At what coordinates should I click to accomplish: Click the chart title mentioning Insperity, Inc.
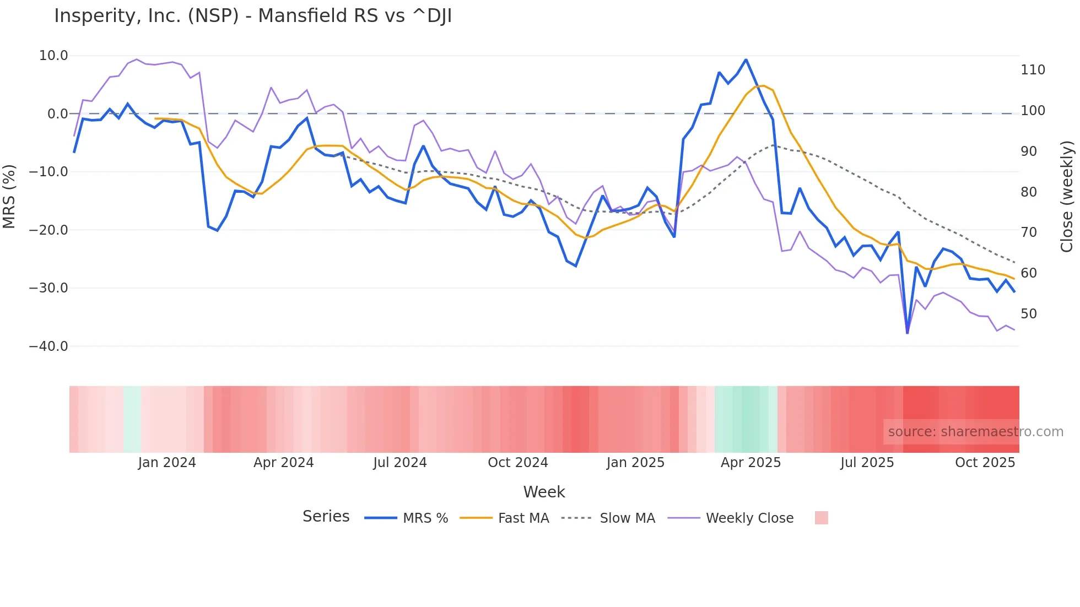tap(253, 15)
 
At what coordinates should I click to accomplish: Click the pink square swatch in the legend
tap(821, 518)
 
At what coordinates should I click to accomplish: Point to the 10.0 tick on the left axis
tap(53, 56)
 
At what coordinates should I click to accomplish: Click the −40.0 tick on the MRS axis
tap(48, 346)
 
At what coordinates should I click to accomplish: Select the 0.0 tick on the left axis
tap(57, 114)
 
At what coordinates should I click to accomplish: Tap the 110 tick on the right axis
tap(1033, 70)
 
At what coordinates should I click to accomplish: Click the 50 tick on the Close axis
tap(1029, 314)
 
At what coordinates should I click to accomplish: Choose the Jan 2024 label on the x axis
tap(167, 463)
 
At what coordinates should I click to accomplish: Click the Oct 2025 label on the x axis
tap(985, 463)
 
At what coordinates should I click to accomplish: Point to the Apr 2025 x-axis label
tap(750, 463)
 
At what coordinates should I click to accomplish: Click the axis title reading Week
tap(544, 492)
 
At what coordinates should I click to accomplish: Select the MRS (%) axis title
tap(9, 196)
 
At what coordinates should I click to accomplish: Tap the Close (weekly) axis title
tap(1067, 196)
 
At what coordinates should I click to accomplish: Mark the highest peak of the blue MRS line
tap(746, 59)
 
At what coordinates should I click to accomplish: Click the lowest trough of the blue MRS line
tap(908, 333)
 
